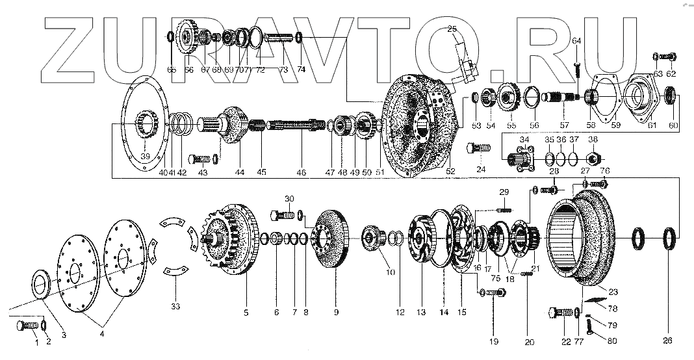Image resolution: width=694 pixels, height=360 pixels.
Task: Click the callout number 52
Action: (450, 171)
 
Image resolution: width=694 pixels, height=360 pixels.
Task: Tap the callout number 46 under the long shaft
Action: (301, 172)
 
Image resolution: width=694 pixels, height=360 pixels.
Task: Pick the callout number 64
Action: (576, 41)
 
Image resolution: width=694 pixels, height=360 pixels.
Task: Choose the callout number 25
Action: (452, 28)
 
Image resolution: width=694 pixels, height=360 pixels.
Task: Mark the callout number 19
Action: (494, 341)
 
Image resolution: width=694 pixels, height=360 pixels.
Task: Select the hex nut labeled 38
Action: (593, 158)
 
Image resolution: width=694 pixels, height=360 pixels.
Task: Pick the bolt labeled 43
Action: (200, 159)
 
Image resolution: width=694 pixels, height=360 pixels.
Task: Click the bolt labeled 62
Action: (669, 57)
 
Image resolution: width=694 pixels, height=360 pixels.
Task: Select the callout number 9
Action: (336, 313)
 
